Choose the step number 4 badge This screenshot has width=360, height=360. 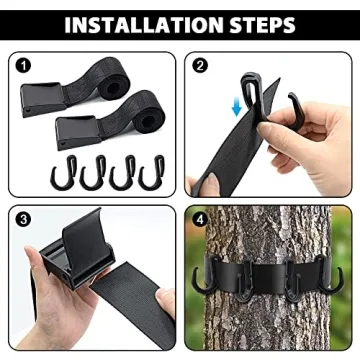[200, 218]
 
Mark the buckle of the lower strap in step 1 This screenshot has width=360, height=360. [75, 128]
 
